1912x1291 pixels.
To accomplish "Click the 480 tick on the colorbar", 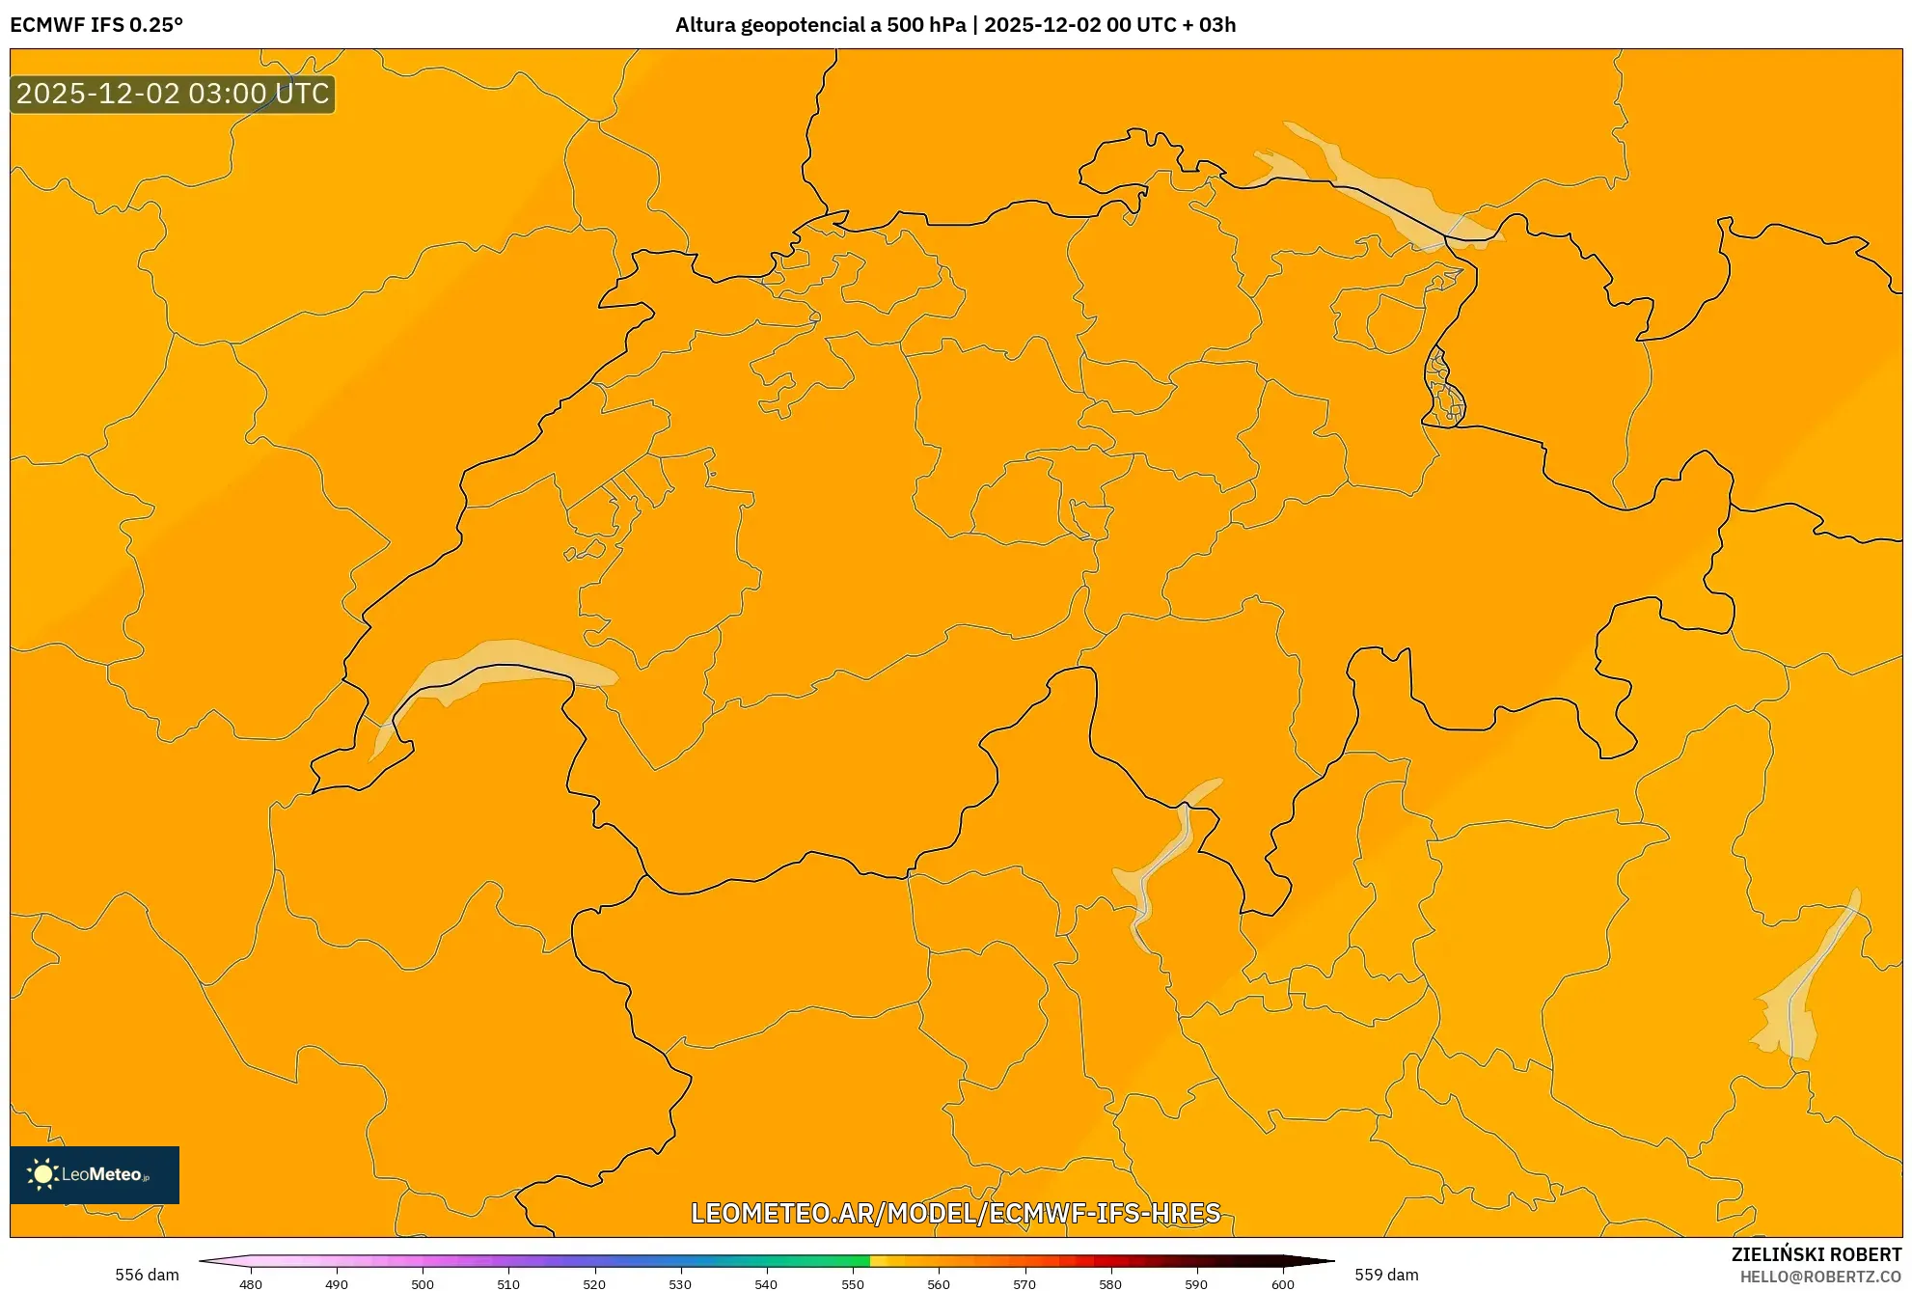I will [251, 1283].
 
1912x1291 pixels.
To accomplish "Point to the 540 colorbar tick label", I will [766, 1283].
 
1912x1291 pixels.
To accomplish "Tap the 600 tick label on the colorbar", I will [1282, 1283].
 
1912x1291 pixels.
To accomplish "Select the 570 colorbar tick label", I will [1024, 1283].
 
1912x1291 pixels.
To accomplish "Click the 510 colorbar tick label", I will [508, 1283].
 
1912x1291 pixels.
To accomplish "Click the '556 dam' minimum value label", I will [147, 1275].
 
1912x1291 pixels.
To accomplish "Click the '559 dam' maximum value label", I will [1386, 1275].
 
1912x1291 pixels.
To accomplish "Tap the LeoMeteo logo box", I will [95, 1174].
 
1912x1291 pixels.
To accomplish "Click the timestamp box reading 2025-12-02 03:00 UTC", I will [173, 94].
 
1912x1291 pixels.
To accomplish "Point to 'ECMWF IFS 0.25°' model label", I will [96, 25].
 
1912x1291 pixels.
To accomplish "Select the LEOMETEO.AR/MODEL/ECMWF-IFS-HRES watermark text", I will [956, 1213].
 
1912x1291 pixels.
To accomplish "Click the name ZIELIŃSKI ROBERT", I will [1816, 1254].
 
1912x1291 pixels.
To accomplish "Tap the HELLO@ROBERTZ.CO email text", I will [1819, 1277].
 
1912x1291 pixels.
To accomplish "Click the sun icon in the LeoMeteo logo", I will [42, 1174].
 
